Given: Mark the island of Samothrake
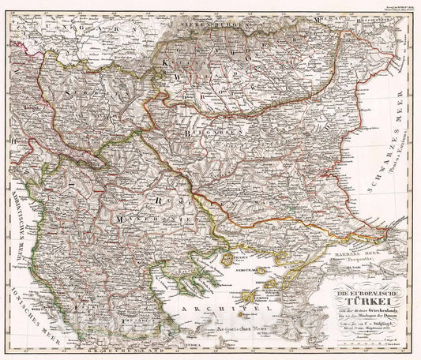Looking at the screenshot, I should [x=261, y=270].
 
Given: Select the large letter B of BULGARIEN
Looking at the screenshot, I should [x=186, y=135].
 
